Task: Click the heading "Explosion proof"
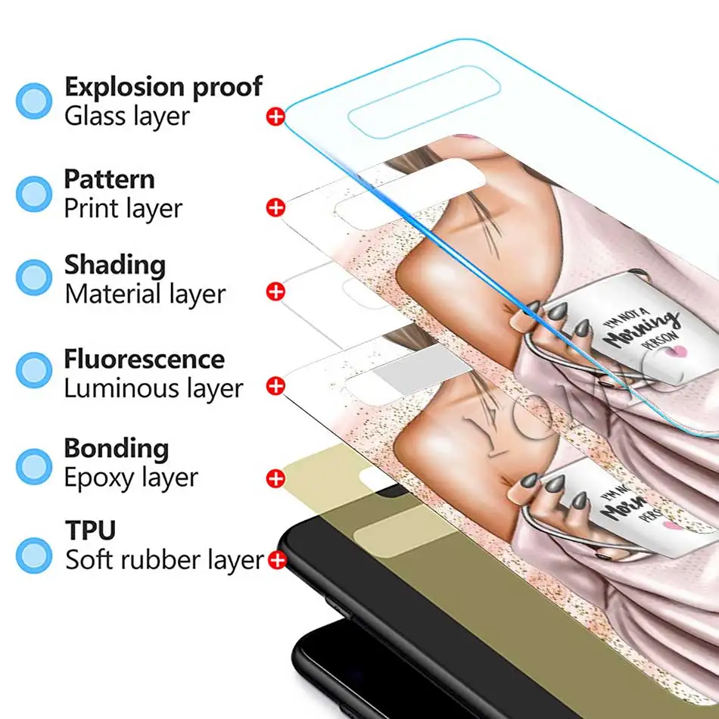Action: pyautogui.click(x=163, y=87)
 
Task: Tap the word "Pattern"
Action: pyautogui.click(x=109, y=179)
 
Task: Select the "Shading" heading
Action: pyautogui.click(x=114, y=265)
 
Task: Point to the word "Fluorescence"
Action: pyautogui.click(x=144, y=359)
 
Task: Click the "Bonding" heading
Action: pyautogui.click(x=116, y=448)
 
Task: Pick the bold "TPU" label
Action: pyautogui.click(x=90, y=531)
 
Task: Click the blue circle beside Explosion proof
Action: pyautogui.click(x=34, y=101)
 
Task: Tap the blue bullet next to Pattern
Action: pyautogui.click(x=34, y=193)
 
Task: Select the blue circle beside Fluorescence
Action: pyautogui.click(x=34, y=369)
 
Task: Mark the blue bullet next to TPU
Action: pyautogui.click(x=34, y=554)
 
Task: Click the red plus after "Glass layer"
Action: pyautogui.click(x=275, y=117)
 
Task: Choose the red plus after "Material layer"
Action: pyautogui.click(x=275, y=291)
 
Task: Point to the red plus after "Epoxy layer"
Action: pyautogui.click(x=275, y=478)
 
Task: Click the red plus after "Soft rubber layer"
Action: pyautogui.click(x=277, y=561)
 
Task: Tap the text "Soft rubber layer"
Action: pyautogui.click(x=164, y=561)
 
